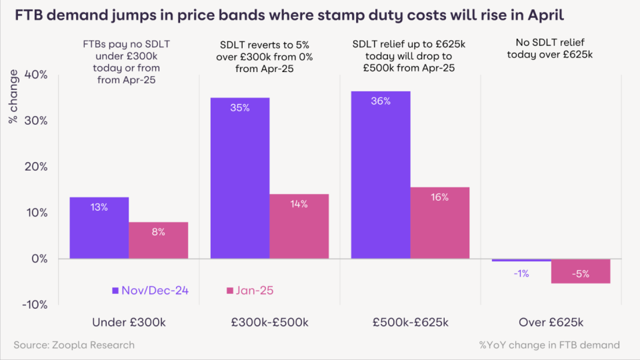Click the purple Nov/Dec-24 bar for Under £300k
pos(99,228)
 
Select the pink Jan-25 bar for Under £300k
pos(159,240)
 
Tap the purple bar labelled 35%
pos(240,178)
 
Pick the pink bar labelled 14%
pos(299,226)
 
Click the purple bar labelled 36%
pos(381,175)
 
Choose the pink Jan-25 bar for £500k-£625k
pos(440,223)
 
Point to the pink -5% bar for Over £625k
pos(581,271)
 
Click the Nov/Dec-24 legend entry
pos(151,291)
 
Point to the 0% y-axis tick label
pos(38,259)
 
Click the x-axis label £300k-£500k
pos(269,323)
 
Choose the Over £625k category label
pos(551,323)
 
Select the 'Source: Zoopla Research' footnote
pos(74,345)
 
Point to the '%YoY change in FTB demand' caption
pos(549,345)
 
